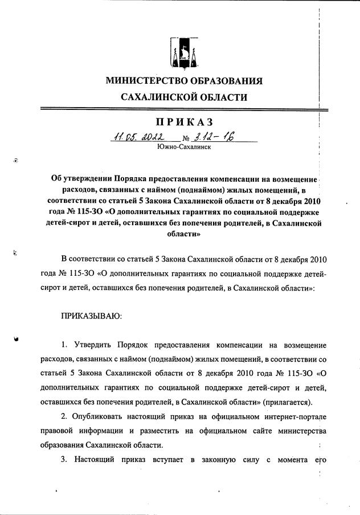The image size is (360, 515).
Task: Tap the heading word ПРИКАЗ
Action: tap(184, 121)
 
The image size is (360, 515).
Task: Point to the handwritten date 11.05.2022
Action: tap(139, 137)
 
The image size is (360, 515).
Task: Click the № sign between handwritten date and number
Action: tap(185, 138)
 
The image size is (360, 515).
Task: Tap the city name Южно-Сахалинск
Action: tap(184, 147)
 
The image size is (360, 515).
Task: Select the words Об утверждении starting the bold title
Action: tap(83, 179)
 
